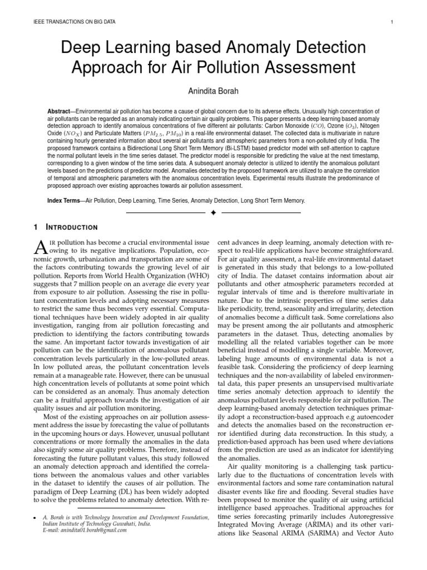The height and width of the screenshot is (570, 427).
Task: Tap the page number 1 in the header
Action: (393, 22)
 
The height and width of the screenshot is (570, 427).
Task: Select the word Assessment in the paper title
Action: (300, 68)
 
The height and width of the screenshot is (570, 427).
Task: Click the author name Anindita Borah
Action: (213, 91)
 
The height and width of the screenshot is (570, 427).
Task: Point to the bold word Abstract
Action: (62, 112)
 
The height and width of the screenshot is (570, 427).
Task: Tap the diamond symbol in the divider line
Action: (213, 213)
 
